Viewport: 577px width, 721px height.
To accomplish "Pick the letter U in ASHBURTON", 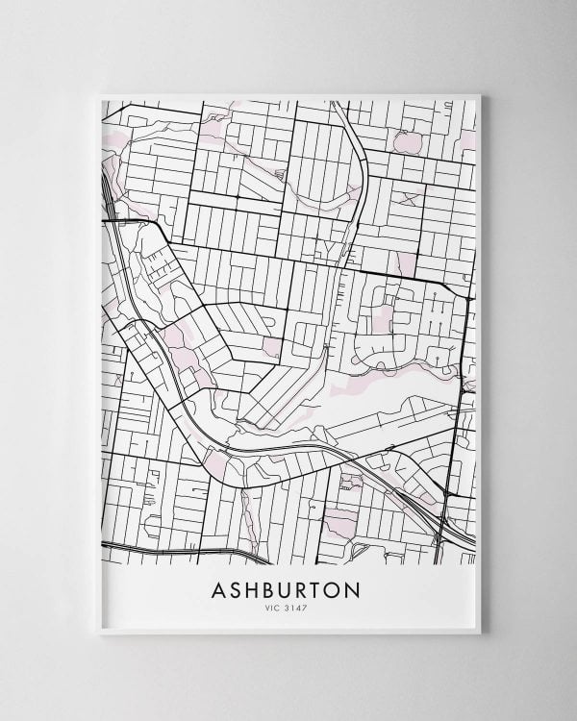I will click(x=294, y=588).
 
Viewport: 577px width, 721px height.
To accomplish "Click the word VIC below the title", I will click(x=280, y=608).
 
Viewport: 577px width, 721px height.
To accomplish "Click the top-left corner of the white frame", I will click(x=100, y=92).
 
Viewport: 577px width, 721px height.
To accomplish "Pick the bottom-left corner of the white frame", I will click(x=100, y=635).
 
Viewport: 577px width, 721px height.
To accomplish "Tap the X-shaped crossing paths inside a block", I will click(x=411, y=198).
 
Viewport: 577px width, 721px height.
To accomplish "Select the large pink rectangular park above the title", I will click(x=339, y=524).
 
